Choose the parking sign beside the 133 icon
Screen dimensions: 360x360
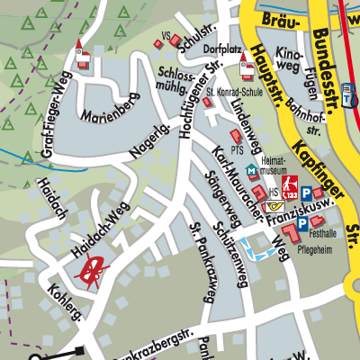309,192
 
